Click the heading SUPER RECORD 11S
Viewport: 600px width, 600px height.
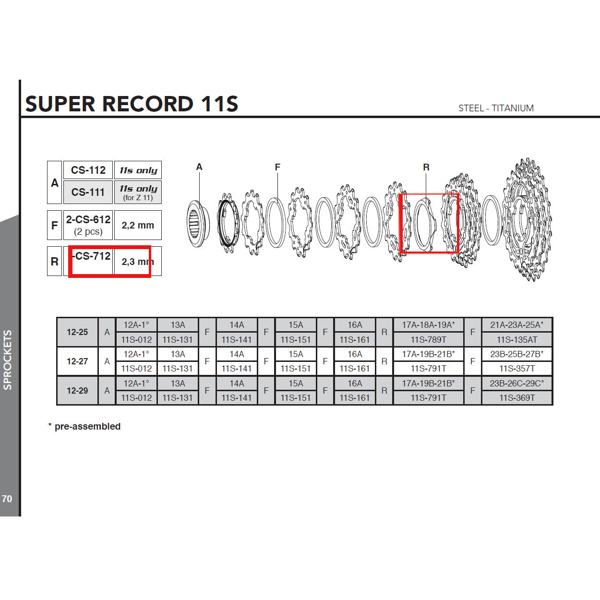[132, 104]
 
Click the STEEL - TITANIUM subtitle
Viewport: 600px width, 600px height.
[496, 108]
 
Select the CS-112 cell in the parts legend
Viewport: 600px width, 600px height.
[88, 170]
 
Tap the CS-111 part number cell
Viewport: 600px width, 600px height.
[88, 192]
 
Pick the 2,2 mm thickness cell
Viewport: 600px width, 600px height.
[138, 225]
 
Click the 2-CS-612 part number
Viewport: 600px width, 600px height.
[88, 219]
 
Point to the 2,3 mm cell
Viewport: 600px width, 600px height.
[138, 261]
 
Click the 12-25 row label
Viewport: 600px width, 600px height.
[77, 332]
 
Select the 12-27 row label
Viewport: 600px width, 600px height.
[77, 361]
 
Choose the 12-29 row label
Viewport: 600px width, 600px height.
[77, 390]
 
